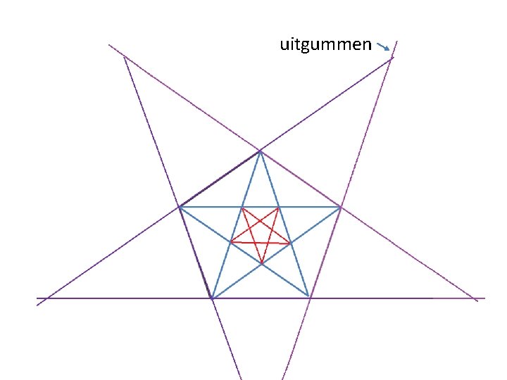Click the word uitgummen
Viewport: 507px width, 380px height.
(x=325, y=46)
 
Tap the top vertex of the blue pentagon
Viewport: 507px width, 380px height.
(x=260, y=151)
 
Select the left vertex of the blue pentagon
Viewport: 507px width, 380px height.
(x=180, y=207)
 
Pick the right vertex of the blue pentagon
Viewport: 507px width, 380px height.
(x=341, y=207)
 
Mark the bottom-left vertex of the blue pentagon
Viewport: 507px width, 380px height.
(x=211, y=298)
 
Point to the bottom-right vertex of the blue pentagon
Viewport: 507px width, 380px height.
(x=309, y=298)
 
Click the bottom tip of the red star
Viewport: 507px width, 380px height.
(x=261, y=264)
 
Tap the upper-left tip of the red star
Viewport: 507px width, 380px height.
(x=242, y=208)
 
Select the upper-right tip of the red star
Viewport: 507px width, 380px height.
(x=279, y=208)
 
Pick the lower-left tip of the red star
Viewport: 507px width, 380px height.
(x=230, y=242)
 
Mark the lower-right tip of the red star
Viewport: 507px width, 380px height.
(x=291, y=243)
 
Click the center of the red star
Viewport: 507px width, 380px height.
(x=261, y=232)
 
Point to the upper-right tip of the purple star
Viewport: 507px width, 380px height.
(x=392, y=58)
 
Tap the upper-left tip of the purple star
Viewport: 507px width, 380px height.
(x=124, y=56)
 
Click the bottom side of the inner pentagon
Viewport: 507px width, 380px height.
(x=261, y=298)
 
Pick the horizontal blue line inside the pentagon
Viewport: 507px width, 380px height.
(x=211, y=207)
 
